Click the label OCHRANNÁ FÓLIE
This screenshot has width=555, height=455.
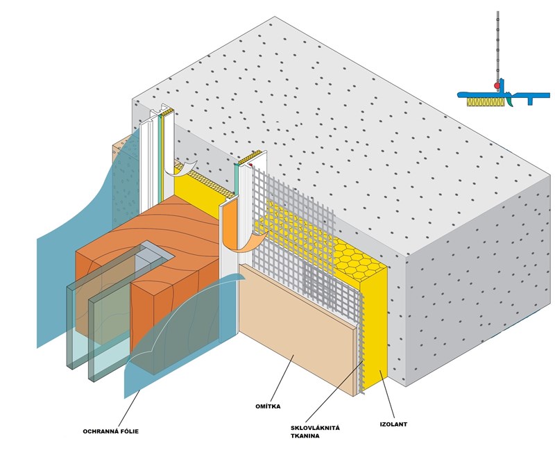click(x=110, y=431)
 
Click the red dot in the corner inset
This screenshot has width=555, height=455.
click(x=497, y=85)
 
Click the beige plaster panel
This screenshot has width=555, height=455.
click(x=298, y=326)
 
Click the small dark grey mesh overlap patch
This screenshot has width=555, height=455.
click(x=319, y=285)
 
